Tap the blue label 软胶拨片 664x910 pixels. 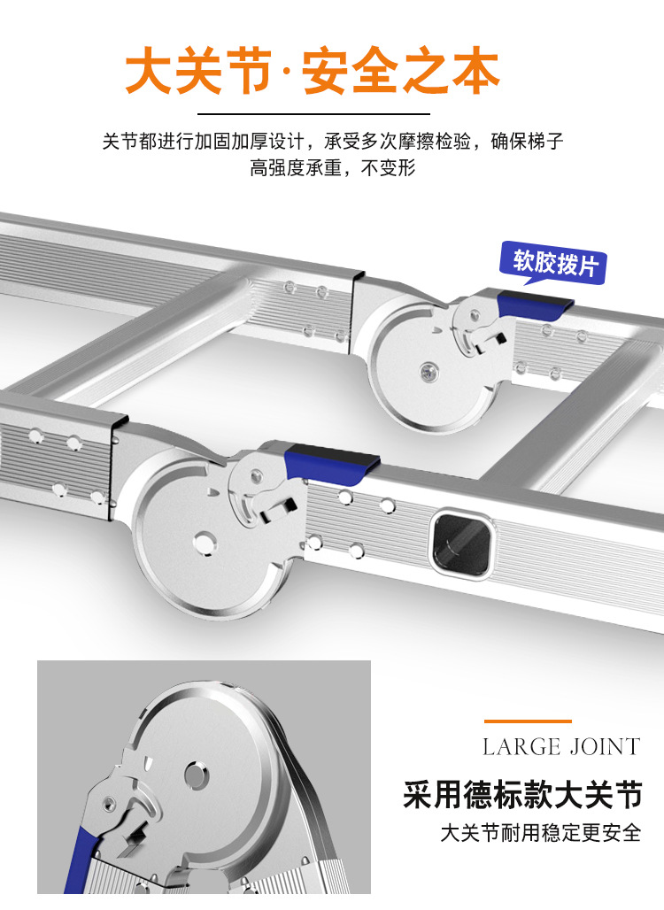[555, 262]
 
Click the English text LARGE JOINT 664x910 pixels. [560, 746]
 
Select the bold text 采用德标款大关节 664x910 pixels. [521, 794]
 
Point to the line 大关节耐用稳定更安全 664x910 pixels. [540, 833]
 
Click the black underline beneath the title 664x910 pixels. [313, 114]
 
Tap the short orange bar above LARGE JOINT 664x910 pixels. [528, 721]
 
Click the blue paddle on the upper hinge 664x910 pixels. [532, 305]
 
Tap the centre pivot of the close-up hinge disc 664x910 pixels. [197, 776]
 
